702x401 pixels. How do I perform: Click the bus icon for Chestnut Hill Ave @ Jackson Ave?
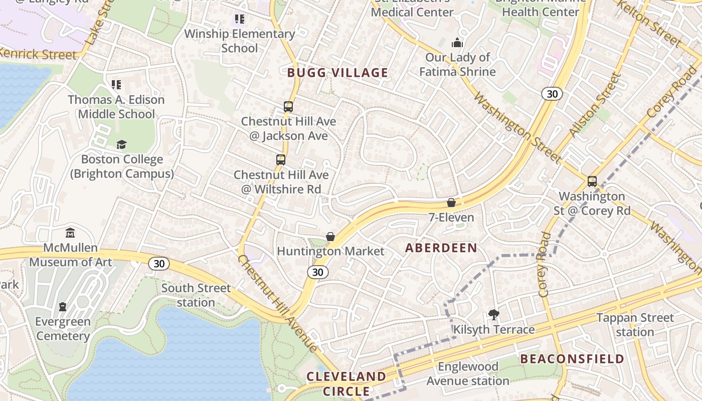288,106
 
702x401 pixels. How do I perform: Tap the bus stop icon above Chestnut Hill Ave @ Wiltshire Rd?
281,160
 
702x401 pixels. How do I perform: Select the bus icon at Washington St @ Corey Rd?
592,181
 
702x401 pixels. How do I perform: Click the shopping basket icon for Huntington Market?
330,237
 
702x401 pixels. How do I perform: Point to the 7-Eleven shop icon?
451,203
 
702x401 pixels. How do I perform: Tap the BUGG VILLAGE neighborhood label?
337,73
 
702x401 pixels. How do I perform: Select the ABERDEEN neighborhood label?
441,248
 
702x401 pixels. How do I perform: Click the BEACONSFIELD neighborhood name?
572,359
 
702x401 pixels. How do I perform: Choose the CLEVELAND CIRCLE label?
346,383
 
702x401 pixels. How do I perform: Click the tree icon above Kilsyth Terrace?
494,315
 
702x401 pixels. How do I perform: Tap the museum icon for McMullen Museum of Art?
70,233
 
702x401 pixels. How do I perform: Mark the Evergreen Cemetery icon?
63,306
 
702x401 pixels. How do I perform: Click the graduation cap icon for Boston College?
122,145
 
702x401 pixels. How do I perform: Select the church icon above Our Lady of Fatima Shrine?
457,43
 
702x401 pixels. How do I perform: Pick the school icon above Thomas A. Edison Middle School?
116,85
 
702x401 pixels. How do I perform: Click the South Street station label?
196,295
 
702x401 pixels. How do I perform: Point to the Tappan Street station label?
635,325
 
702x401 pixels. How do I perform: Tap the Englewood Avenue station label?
468,374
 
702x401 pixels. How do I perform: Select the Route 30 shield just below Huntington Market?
317,272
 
